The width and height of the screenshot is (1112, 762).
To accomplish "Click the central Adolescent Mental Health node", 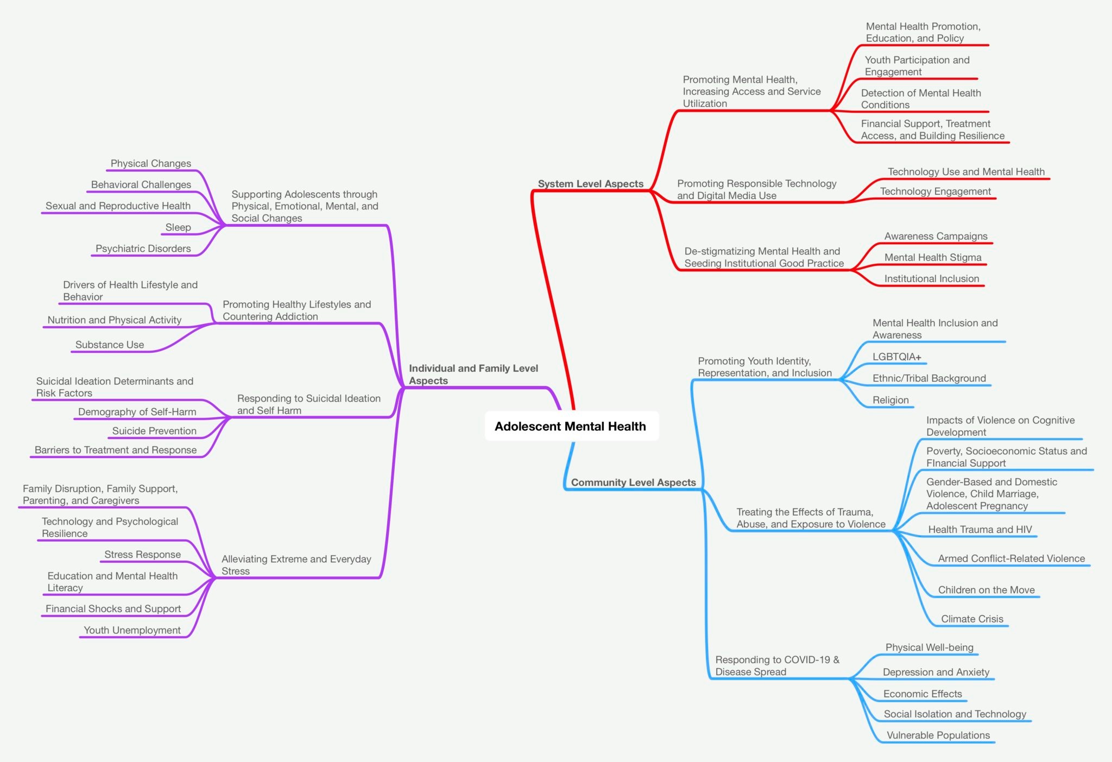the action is (x=571, y=426).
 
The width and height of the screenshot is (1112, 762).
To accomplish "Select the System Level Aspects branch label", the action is (x=591, y=183).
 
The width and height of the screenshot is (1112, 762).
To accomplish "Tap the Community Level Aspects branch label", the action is (x=633, y=482).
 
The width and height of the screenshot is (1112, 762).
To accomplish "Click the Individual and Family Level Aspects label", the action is (x=473, y=374).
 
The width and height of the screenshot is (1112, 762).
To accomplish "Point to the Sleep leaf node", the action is (x=178, y=227).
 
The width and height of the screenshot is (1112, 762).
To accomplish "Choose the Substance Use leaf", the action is (x=110, y=345).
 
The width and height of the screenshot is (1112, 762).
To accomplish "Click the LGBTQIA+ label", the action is (x=897, y=357).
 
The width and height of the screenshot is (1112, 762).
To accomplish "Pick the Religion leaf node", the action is (x=890, y=400).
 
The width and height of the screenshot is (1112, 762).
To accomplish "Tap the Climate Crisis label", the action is (x=972, y=619).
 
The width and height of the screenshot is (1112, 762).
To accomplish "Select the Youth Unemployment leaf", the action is (x=132, y=630).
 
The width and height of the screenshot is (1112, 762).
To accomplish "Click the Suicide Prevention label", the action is (x=154, y=431).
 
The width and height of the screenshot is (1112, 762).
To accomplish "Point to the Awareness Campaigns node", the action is (x=936, y=236).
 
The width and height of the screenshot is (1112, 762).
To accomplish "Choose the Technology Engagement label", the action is (x=936, y=192).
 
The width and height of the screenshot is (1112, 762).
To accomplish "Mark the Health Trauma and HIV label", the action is (x=980, y=530).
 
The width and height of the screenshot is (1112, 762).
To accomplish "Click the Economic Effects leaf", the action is (x=923, y=694).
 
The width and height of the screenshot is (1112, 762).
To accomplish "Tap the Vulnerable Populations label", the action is (x=938, y=735).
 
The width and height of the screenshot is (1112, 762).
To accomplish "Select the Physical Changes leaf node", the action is (x=151, y=163).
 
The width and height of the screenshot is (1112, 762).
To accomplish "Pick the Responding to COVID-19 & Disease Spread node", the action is (x=777, y=666).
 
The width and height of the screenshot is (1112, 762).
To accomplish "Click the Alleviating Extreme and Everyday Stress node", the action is (x=296, y=565).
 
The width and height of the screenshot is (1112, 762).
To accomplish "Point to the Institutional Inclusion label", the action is (x=932, y=279).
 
